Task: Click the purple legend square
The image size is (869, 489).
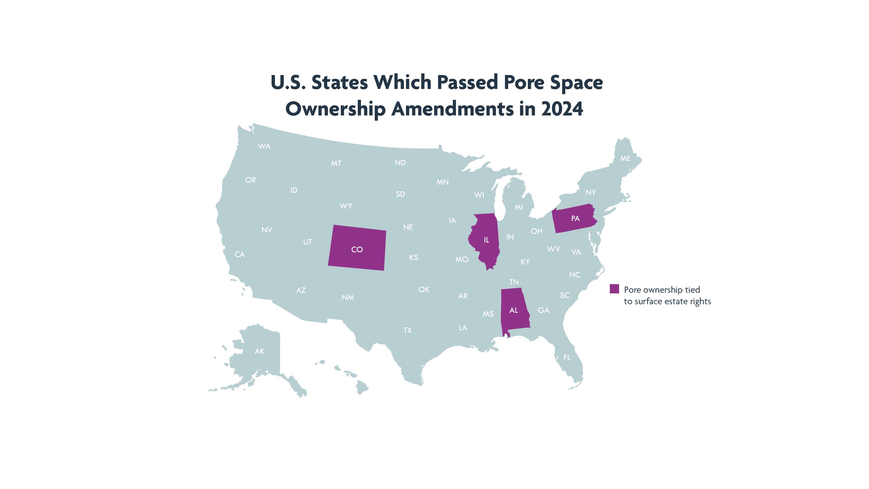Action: pyautogui.click(x=614, y=289)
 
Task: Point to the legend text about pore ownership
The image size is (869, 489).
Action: pyautogui.click(x=667, y=295)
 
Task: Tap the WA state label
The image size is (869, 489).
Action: pyautogui.click(x=264, y=146)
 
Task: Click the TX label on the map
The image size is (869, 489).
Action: pyautogui.click(x=407, y=330)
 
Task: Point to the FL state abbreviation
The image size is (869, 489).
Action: pyautogui.click(x=567, y=357)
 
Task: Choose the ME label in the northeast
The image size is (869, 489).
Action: pyautogui.click(x=625, y=159)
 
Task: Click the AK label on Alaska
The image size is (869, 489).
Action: pyautogui.click(x=259, y=351)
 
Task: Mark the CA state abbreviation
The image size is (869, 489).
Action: pyautogui.click(x=240, y=254)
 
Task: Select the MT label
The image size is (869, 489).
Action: pyautogui.click(x=336, y=164)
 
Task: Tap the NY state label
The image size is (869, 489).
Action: pyautogui.click(x=591, y=193)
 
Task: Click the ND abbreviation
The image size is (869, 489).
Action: pyautogui.click(x=400, y=163)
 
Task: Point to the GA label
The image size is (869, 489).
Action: pyautogui.click(x=543, y=310)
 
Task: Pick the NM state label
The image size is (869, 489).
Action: pyautogui.click(x=348, y=297)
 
